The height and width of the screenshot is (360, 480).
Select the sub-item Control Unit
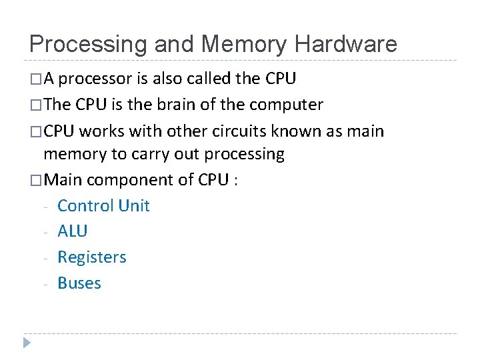click(103, 205)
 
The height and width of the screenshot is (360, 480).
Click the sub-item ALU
click(73, 231)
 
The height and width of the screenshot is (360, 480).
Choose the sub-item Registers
click(92, 257)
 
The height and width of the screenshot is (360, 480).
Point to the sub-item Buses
click(79, 283)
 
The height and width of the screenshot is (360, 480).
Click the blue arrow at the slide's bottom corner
click(26, 343)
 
